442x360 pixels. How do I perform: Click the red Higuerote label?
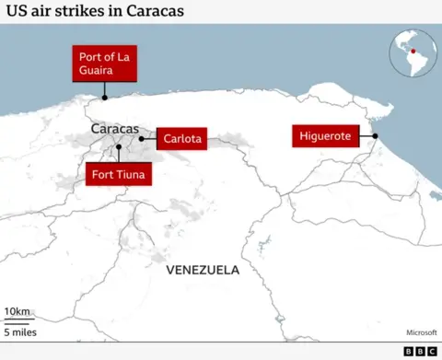325,136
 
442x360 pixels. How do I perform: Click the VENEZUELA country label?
203,270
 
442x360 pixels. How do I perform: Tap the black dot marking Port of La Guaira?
104,96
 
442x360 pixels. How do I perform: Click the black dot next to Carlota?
141,139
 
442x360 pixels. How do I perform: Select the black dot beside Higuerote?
376,136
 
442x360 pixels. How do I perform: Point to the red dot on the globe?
413,51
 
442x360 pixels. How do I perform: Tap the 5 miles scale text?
21,331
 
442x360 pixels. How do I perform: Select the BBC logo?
420,351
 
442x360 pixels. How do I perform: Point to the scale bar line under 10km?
20,320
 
